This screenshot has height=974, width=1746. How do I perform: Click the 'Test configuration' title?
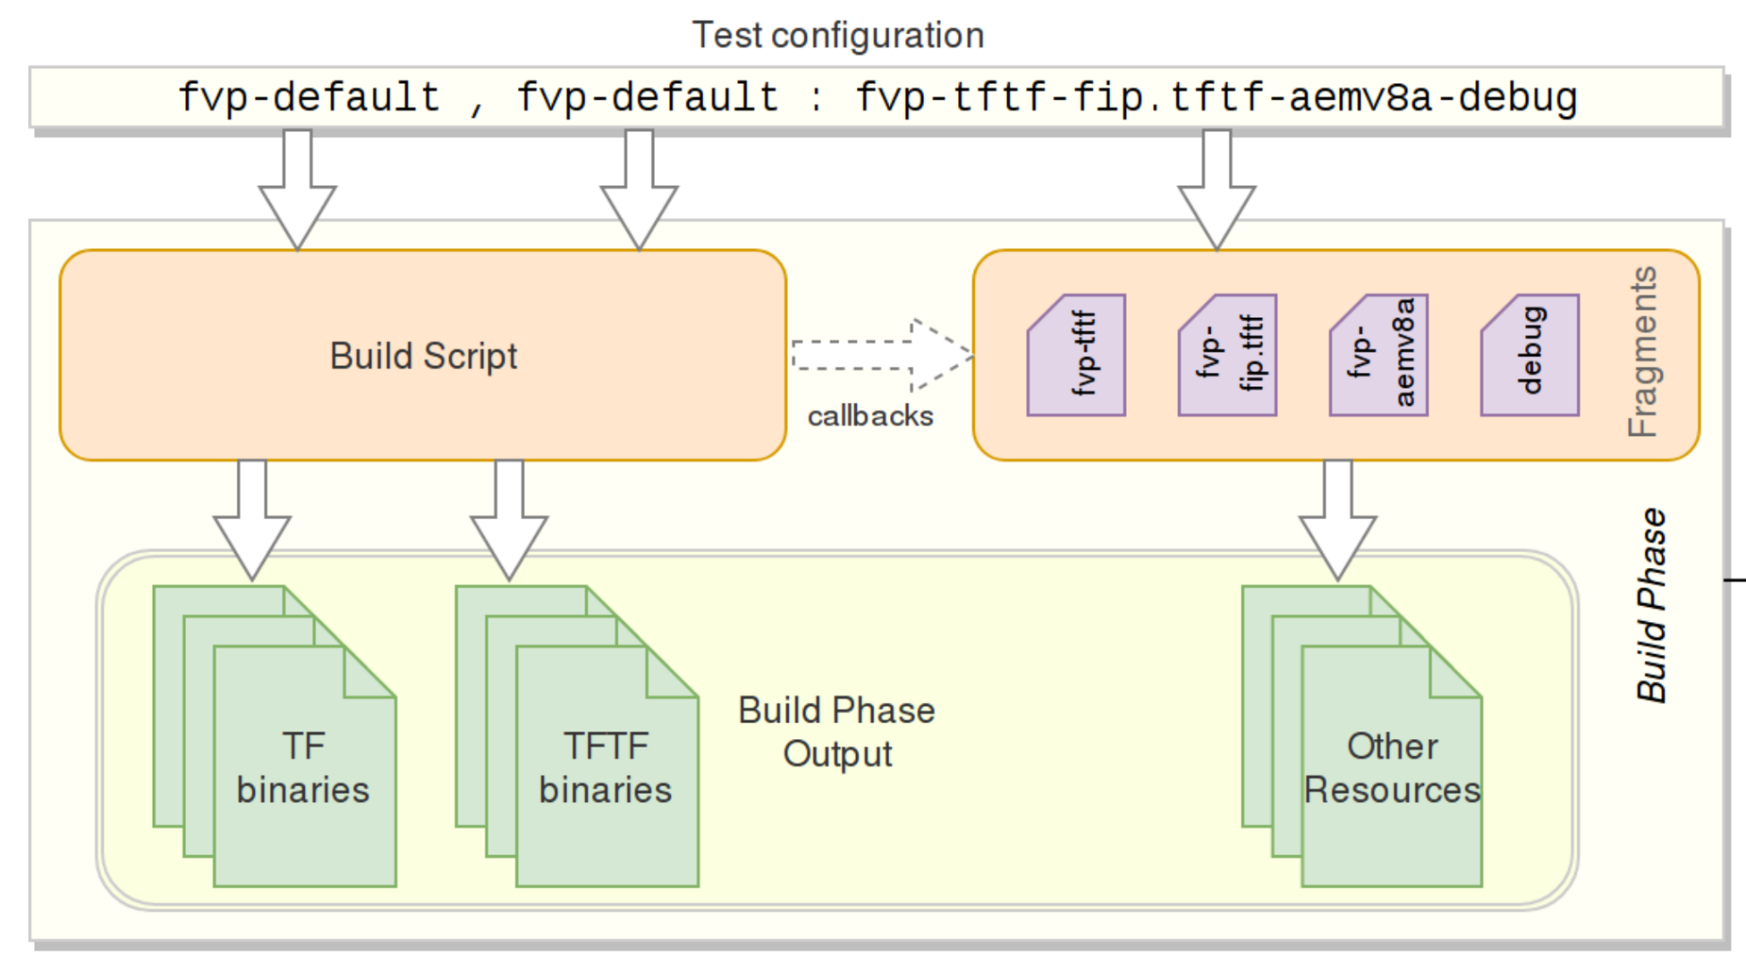click(x=838, y=36)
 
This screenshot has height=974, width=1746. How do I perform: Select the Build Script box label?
click(x=424, y=356)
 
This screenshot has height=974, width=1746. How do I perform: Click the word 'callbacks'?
click(x=870, y=416)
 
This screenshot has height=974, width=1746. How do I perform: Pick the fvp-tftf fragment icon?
click(x=1076, y=356)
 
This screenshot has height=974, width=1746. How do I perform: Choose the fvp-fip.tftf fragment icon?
click(x=1227, y=356)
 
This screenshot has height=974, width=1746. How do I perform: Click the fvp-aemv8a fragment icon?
click(x=1378, y=356)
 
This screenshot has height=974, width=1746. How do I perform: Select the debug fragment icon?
click(x=1529, y=356)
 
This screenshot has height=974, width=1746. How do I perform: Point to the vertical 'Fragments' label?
click(x=1643, y=352)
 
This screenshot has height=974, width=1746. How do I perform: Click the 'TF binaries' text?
click(x=303, y=768)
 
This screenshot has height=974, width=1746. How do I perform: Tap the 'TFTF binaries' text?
click(x=605, y=768)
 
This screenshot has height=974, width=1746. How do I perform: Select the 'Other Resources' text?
click(x=1391, y=768)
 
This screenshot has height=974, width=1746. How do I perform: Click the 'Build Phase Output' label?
click(x=837, y=732)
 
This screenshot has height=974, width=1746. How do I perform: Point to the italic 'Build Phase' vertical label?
click(x=1651, y=605)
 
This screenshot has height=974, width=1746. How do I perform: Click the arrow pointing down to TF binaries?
click(x=252, y=521)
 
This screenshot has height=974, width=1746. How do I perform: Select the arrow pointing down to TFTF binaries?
click(x=508, y=521)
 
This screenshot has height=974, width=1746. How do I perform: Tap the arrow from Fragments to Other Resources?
click(x=1337, y=521)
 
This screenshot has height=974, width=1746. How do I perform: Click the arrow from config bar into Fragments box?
click(x=1217, y=190)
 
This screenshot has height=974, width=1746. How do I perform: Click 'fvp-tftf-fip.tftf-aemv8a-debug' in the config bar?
click(x=1216, y=98)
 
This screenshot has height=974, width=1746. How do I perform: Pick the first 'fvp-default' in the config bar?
click(x=309, y=98)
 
